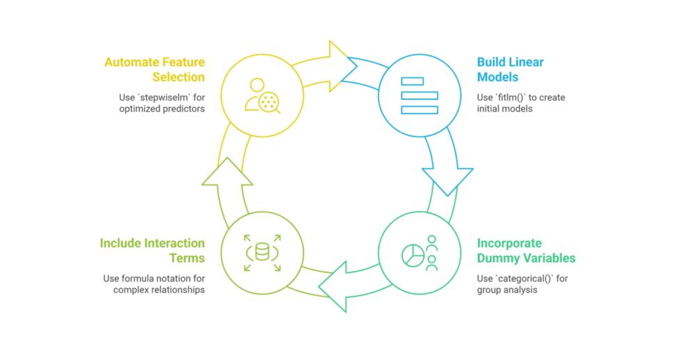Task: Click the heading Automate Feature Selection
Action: (x=154, y=69)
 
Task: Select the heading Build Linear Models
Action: (x=510, y=69)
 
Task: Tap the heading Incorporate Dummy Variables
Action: (x=526, y=251)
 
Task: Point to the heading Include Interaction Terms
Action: (x=152, y=251)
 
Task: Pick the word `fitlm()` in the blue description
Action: (x=511, y=97)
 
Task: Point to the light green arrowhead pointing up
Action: (x=227, y=173)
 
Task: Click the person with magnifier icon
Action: (x=262, y=96)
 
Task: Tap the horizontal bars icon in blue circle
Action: (x=420, y=95)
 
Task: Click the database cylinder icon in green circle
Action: (x=262, y=253)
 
